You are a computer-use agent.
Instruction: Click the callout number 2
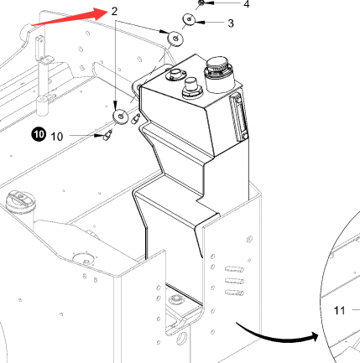114,11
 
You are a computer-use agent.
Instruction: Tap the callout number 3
231,23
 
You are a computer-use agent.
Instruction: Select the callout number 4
247,4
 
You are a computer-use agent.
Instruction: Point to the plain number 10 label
57,137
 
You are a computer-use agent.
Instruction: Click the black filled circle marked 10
39,135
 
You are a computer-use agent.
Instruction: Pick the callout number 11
340,310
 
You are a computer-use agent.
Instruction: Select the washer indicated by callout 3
190,19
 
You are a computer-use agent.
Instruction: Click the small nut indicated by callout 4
201,3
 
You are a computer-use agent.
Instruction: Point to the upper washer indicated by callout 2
175,39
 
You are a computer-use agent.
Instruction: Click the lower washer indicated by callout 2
121,116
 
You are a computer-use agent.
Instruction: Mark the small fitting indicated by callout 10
107,136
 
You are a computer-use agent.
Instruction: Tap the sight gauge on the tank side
238,117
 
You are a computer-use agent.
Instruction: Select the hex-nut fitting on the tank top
192,88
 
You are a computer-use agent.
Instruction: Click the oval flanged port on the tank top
175,75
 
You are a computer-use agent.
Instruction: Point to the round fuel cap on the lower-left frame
20,201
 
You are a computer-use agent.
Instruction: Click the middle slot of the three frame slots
234,281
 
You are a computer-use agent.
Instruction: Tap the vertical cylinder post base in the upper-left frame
43,106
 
